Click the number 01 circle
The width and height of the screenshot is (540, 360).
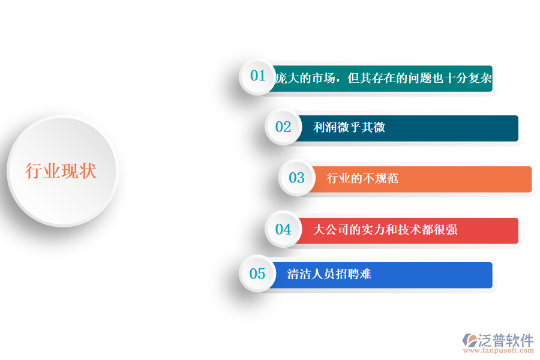257,76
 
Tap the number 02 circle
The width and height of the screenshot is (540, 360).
283,127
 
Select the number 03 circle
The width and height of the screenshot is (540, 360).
296,178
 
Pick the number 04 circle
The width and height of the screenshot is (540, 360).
283,229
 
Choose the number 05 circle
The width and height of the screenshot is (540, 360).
257,274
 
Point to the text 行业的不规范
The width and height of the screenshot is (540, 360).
362,178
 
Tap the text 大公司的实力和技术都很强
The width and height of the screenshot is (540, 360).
385,229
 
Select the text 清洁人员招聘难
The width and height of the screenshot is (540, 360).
329,274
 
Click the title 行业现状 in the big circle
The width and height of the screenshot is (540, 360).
61,172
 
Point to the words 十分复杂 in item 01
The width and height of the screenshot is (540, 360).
469,79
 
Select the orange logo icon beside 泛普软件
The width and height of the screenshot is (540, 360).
469,340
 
